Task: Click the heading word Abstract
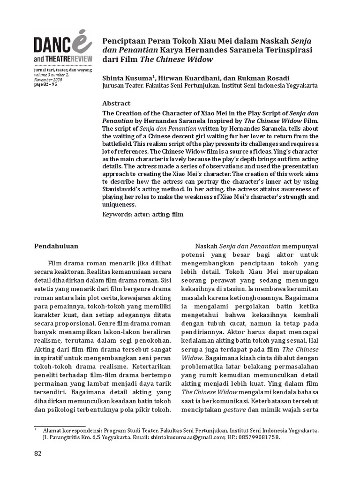pos(116,103)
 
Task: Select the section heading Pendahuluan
pos(57,245)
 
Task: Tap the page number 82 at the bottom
pos(38,453)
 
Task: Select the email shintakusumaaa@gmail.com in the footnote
pos(187,436)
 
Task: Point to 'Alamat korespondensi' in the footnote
pos(72,429)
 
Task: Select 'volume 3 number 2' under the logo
pos(51,75)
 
